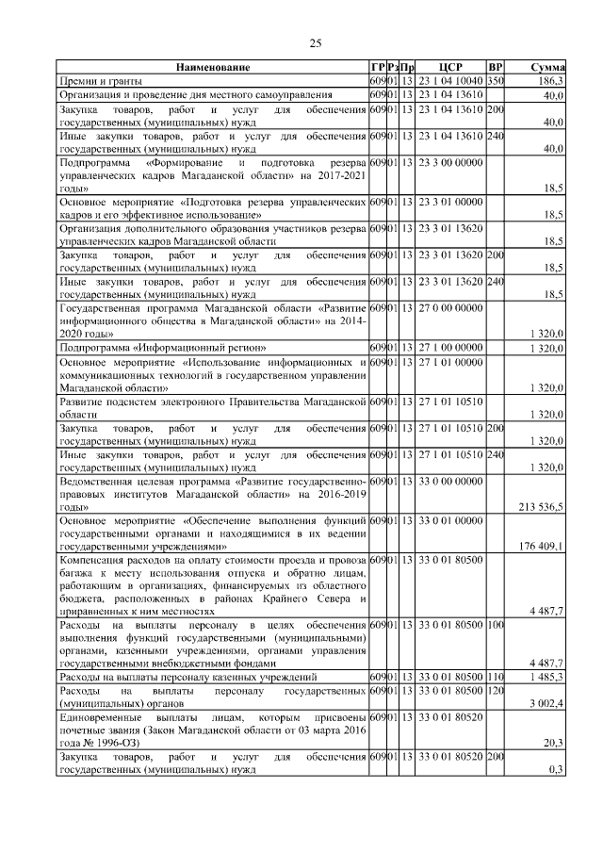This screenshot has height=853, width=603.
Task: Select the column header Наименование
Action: click(212, 68)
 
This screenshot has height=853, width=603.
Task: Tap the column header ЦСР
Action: click(450, 68)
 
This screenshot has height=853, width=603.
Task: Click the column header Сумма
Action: click(547, 68)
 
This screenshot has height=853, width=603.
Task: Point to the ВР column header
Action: click(496, 68)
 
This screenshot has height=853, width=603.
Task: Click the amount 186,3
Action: click(550, 82)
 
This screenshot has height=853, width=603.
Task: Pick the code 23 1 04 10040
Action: click(450, 82)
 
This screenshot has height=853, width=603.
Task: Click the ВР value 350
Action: click(496, 82)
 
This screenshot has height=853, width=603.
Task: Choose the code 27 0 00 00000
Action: click(450, 307)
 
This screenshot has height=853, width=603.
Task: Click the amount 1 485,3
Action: click(546, 678)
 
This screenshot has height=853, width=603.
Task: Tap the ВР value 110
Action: click(496, 678)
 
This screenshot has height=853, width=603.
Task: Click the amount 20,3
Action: click(553, 743)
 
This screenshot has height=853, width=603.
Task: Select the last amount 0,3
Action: click(556, 769)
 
